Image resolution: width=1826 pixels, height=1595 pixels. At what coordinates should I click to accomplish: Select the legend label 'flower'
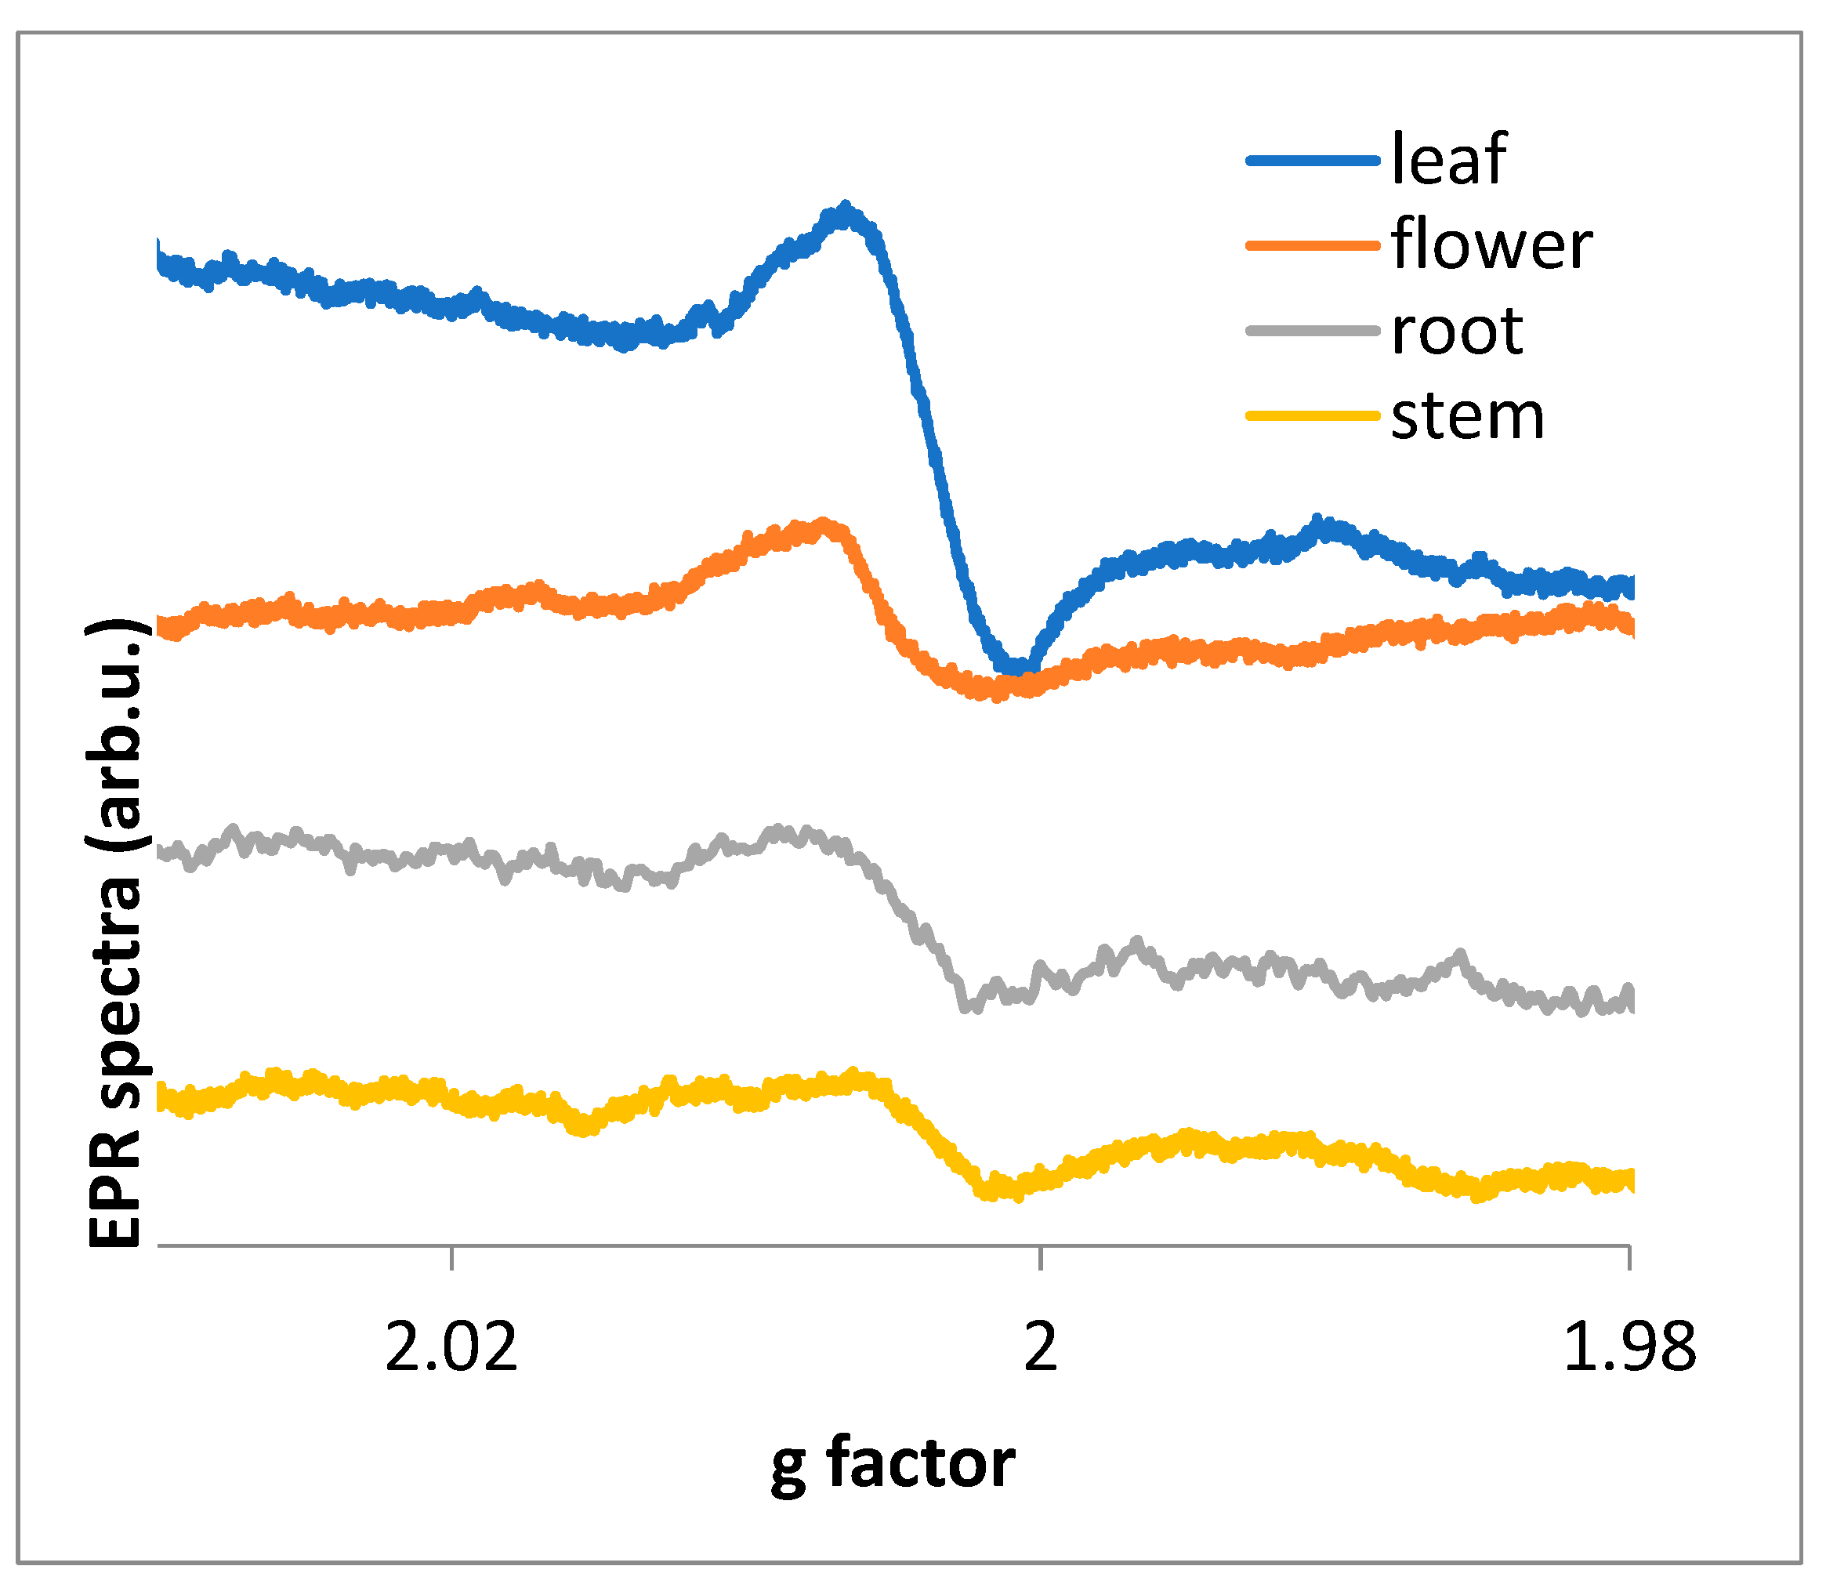(x=1491, y=245)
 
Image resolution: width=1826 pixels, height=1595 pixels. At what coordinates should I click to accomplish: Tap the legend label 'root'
(x=1457, y=330)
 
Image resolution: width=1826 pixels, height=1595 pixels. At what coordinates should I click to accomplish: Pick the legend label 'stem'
(x=1467, y=415)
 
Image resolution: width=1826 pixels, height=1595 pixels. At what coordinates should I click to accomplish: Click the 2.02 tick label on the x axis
(x=451, y=1347)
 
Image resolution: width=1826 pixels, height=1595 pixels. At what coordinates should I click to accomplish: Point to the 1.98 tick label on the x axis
(x=1629, y=1347)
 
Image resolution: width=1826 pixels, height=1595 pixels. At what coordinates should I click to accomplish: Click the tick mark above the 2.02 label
(x=452, y=1258)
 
